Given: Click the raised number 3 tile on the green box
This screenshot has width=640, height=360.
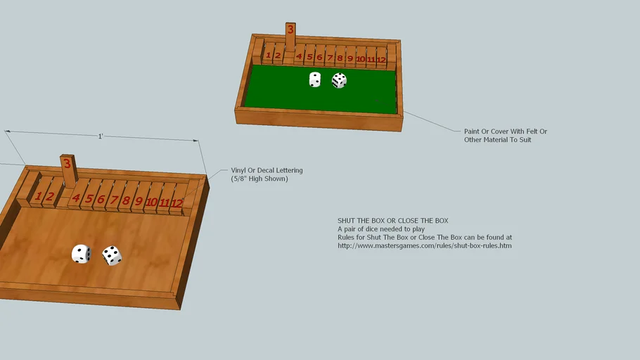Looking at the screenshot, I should tap(290, 33).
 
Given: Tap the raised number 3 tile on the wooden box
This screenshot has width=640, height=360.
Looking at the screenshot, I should tap(67, 167).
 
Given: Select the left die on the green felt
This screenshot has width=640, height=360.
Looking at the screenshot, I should tap(315, 79).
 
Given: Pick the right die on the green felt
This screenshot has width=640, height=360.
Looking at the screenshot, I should tap(339, 80).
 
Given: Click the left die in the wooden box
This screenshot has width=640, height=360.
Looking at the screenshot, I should tap(81, 254).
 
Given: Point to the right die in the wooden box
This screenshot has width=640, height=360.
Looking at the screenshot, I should tap(112, 255).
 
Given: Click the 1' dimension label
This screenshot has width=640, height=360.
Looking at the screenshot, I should tap(101, 136).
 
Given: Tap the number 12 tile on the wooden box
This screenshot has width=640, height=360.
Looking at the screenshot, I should tap(177, 203).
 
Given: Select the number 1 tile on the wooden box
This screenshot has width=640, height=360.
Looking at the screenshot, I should tap(39, 197).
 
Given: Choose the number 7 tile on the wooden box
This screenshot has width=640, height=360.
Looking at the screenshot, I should tap(113, 200).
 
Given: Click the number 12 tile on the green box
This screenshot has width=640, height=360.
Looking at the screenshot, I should tap(380, 60).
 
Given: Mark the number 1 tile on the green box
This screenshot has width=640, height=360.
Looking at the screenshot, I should tap(269, 56).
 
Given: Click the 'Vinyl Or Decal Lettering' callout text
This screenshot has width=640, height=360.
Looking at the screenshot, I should tap(267, 170).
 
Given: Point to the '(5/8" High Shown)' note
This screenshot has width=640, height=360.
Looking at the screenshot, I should tap(260, 179).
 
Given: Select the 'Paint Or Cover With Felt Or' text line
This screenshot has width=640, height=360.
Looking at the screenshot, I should tap(505, 131).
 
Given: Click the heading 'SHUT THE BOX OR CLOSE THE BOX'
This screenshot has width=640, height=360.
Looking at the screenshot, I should tap(392, 221).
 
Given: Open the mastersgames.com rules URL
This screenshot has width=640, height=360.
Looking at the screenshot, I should tap(424, 246).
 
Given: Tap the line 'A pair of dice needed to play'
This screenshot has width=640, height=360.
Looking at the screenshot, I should tap(380, 229).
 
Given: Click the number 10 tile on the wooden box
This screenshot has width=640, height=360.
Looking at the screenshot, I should tap(151, 202).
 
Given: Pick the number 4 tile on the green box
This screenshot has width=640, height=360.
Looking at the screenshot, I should tap(300, 57).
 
